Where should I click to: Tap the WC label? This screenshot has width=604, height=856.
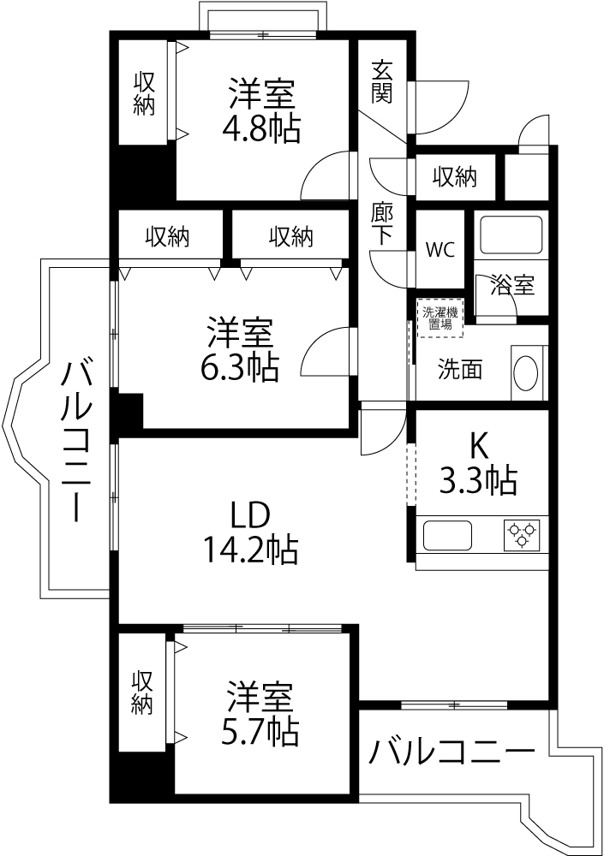coord(440,249)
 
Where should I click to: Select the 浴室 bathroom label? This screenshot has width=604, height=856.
coord(512,285)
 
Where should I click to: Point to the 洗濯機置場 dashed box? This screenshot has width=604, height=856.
coord(440,318)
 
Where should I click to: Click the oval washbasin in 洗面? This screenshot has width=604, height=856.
coord(527,373)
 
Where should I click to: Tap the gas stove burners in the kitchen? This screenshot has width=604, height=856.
coord(523,535)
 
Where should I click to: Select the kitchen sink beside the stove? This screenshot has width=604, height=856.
coord(447,536)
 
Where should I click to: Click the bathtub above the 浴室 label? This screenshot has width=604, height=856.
coord(511,235)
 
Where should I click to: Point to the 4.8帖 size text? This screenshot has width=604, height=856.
coord(260,130)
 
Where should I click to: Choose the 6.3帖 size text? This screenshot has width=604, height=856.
coord(239,367)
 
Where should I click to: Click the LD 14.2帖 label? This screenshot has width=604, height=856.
coord(250,532)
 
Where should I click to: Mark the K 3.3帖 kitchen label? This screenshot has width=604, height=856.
coord(478,463)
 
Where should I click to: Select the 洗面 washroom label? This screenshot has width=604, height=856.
coord(460,370)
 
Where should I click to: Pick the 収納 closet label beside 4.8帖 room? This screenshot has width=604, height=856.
coord(144,93)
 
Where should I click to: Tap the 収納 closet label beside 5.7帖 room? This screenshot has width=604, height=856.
coord(141,693)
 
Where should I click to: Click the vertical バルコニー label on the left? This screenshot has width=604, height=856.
coord(76,440)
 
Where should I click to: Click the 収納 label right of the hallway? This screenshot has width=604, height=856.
coord(455,177)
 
